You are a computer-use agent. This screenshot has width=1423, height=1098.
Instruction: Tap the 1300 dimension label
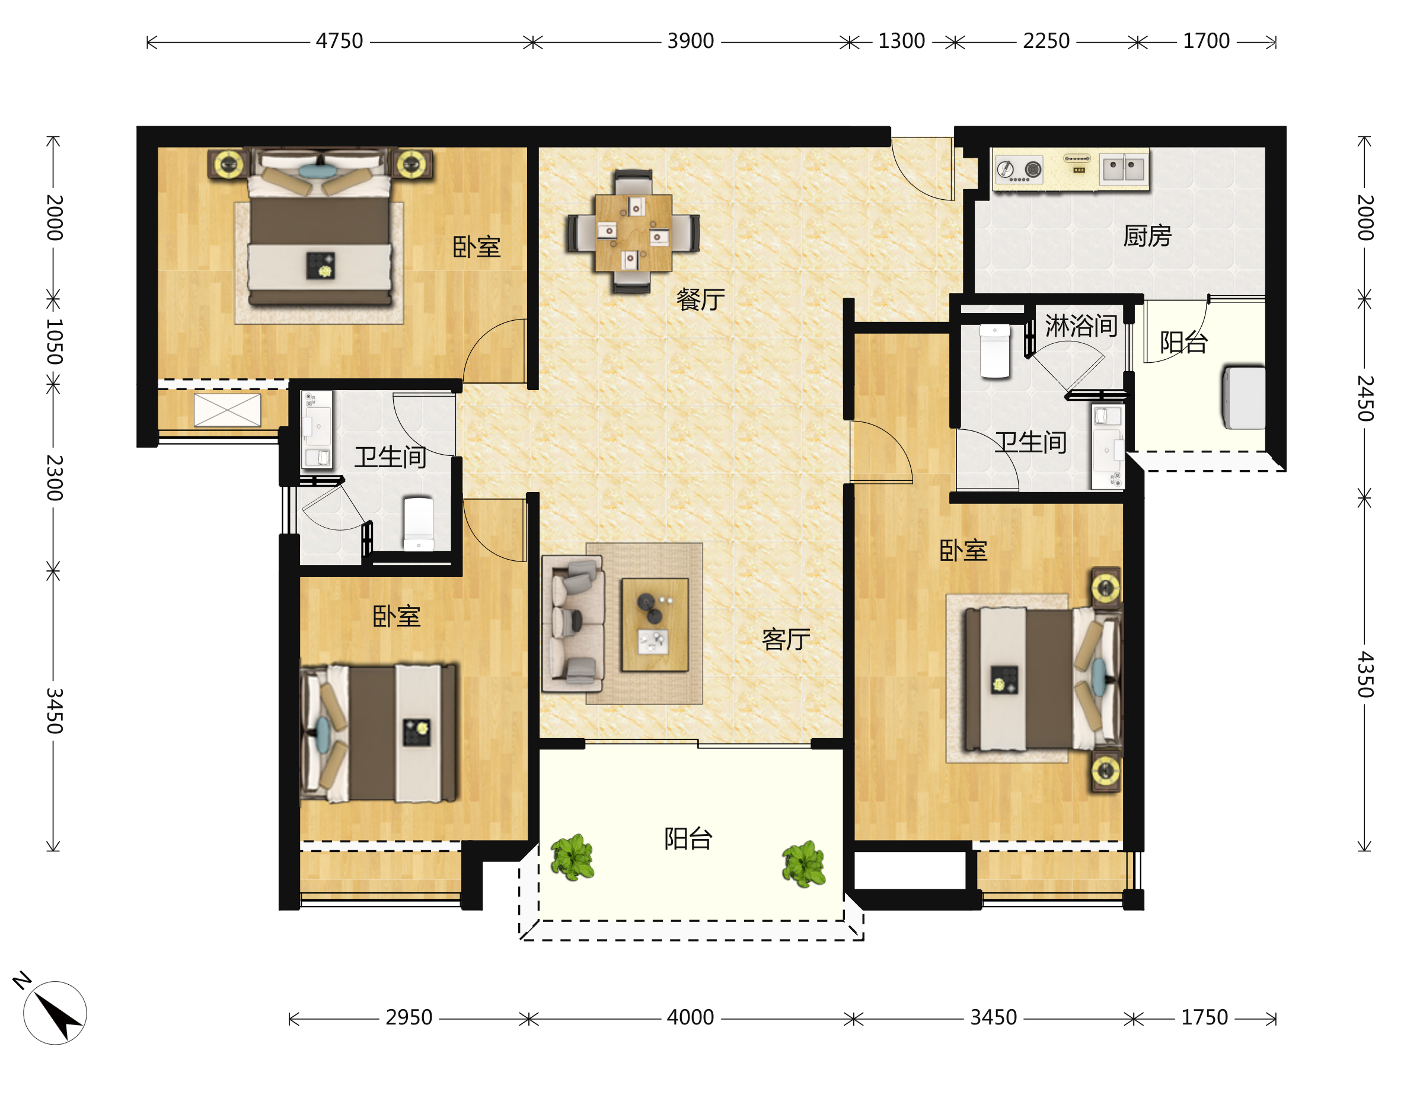pos(901,41)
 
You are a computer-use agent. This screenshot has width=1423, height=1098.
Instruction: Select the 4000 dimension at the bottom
pos(690,1017)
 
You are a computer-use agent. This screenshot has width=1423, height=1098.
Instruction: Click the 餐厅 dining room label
pos(700,300)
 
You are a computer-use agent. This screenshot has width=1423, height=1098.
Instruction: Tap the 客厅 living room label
pos(786,639)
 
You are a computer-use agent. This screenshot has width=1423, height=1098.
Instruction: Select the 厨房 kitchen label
pos(1147,236)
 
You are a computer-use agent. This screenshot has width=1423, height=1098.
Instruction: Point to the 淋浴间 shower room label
pos(1081,325)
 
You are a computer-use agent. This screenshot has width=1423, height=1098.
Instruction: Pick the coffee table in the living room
pos(655,624)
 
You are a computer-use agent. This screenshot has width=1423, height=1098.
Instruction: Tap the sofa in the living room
pos(573,623)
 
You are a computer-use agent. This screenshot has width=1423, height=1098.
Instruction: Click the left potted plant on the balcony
pos(572,857)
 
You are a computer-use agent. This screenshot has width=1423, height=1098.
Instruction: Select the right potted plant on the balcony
pos(804,863)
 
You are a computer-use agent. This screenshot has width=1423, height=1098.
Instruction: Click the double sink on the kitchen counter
pos(1124,168)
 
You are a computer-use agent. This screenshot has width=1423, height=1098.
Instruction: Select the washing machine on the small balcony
pos(1244,397)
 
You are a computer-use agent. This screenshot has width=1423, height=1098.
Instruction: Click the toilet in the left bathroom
pos(418,525)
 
